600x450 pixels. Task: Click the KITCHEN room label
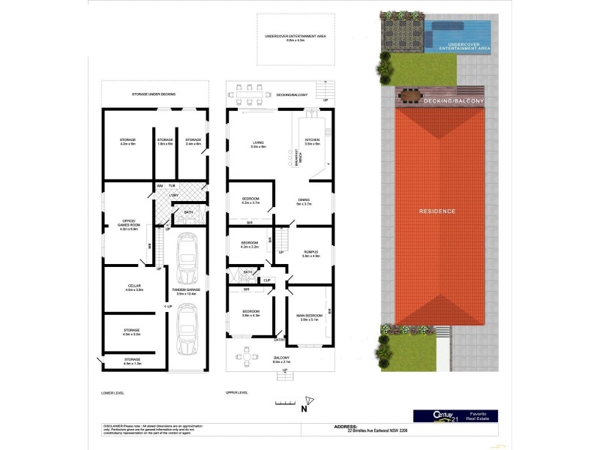[x=313, y=142]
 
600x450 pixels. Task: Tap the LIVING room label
[x=258, y=142]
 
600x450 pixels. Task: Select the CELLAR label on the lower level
[x=134, y=286]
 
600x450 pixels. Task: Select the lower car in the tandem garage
[x=186, y=331]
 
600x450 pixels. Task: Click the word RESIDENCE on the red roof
[x=437, y=211]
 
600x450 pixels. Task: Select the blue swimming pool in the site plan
[x=459, y=32]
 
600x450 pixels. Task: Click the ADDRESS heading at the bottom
[x=344, y=425]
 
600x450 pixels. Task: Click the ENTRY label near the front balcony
[x=279, y=340]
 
